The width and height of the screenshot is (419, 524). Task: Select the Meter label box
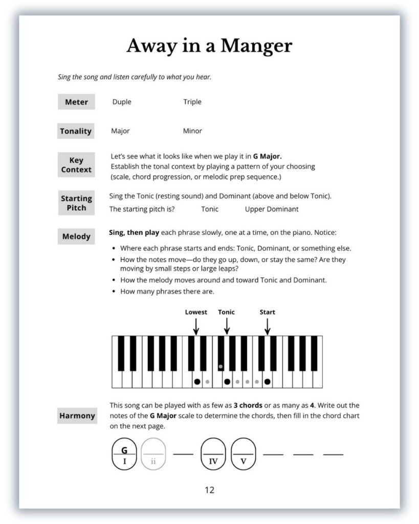(76, 102)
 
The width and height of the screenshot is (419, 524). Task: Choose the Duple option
(122, 102)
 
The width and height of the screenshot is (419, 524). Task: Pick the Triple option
(192, 102)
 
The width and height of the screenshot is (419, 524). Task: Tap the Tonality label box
(76, 131)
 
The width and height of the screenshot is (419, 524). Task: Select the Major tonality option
(120, 131)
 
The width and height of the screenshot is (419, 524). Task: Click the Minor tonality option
(192, 131)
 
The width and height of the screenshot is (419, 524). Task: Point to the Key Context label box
(76, 165)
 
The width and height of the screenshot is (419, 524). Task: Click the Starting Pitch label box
(76, 203)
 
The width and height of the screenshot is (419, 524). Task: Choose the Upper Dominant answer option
(272, 209)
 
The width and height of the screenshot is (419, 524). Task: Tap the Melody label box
(76, 236)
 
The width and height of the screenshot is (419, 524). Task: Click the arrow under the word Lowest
(196, 326)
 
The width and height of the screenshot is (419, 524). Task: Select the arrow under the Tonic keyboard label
(227, 326)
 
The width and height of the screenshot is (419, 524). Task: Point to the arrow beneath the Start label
(267, 326)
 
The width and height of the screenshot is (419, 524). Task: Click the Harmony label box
(77, 416)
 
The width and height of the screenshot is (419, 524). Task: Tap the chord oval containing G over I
(124, 454)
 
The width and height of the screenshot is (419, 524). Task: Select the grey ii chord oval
(153, 454)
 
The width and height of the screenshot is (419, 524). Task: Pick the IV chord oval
(213, 454)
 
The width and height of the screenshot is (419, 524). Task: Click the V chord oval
(244, 454)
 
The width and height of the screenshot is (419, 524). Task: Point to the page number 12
(209, 490)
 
